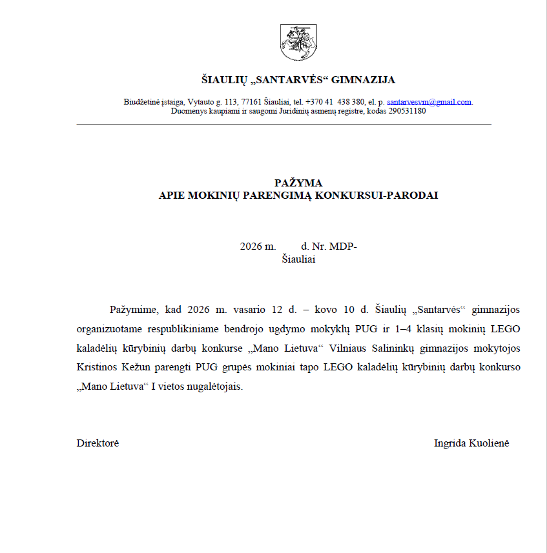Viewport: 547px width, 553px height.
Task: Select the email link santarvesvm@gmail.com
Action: tap(429, 102)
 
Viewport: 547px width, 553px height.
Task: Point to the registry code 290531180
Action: tap(406, 110)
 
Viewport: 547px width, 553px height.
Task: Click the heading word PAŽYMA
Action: tap(298, 183)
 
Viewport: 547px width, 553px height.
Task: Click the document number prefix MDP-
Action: tap(343, 246)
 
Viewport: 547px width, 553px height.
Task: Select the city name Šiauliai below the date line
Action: tap(298, 259)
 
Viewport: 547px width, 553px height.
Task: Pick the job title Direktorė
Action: tap(98, 443)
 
